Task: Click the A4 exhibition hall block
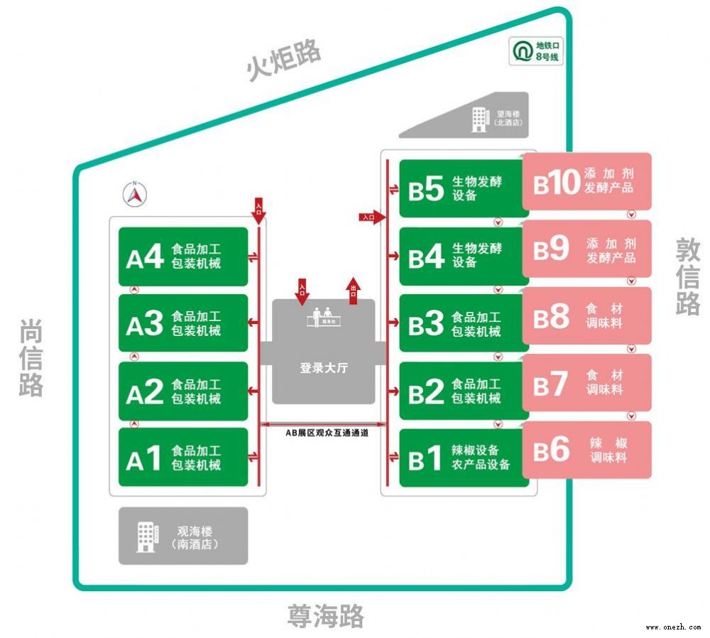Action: point(182,256)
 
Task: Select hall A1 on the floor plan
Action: point(182,458)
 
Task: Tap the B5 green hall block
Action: point(463,189)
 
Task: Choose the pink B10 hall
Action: point(586,182)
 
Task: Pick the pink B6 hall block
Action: point(586,450)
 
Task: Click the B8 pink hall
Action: point(586,316)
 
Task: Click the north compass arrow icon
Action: point(135,193)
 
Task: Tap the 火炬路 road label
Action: point(284,61)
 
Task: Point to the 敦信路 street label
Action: point(687,276)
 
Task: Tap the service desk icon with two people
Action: point(323,316)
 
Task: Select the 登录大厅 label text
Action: point(323,368)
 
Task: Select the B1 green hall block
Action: point(463,458)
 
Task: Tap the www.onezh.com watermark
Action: point(673,627)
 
